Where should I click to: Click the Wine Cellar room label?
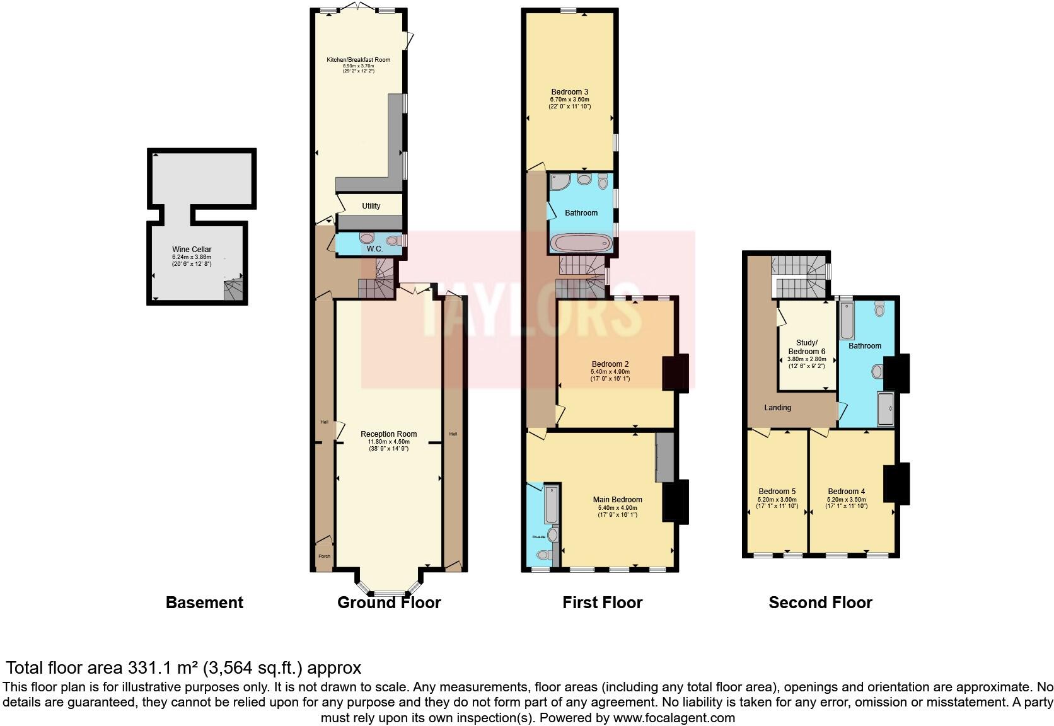point(192,250)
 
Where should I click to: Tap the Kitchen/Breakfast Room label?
point(358,60)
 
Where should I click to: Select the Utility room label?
point(371,206)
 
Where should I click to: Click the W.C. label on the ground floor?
point(374,250)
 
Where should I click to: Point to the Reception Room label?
point(388,434)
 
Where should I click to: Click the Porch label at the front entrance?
point(324,556)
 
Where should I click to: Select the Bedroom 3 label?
point(569,92)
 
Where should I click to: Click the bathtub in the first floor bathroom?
point(581,243)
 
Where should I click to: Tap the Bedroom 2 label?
point(610,364)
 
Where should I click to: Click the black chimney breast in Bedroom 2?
point(675,373)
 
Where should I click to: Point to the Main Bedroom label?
point(617,500)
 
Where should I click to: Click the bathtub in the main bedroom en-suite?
point(552,505)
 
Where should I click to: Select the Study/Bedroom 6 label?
point(806,347)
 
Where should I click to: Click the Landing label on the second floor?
point(777,408)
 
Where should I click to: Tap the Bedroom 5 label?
point(777,492)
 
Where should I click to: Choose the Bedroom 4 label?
point(846,492)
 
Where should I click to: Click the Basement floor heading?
point(204,602)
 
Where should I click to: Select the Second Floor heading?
point(820,602)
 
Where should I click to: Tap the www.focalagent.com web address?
point(673,717)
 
